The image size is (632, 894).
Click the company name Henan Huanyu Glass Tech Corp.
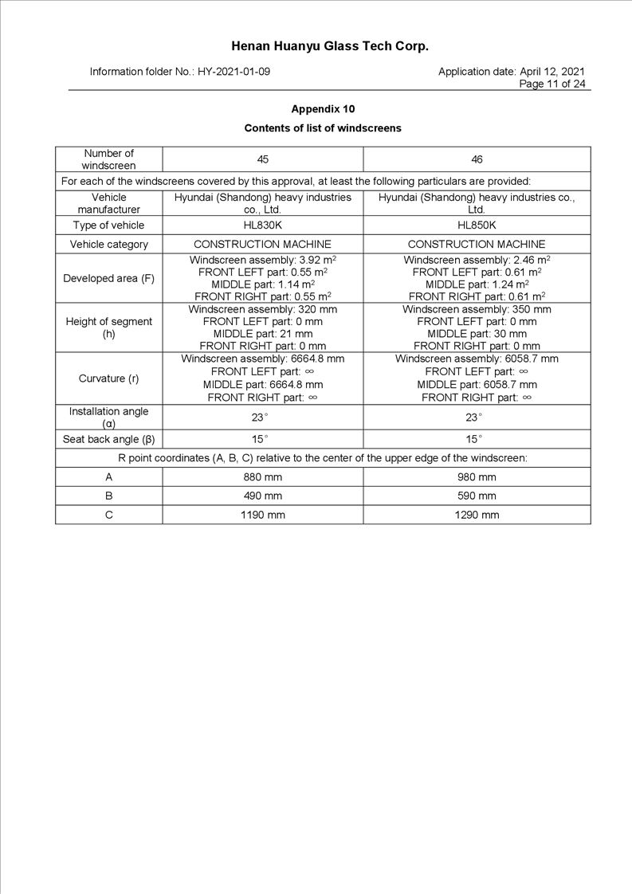pyautogui.click(x=330, y=46)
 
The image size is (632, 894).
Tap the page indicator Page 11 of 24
pyautogui.click(x=552, y=84)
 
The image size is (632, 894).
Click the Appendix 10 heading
pyautogui.click(x=323, y=109)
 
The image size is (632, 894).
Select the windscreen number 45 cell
pyautogui.click(x=262, y=159)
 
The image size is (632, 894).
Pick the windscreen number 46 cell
pyautogui.click(x=477, y=159)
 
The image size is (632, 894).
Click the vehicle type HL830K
pyautogui.click(x=262, y=225)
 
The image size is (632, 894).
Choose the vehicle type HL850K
pyautogui.click(x=477, y=225)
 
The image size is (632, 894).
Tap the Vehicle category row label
pyautogui.click(x=109, y=245)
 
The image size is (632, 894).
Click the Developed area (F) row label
pyautogui.click(x=109, y=278)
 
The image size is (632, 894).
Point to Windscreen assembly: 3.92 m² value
pyautogui.click(x=262, y=260)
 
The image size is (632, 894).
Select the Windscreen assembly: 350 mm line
pyautogui.click(x=477, y=309)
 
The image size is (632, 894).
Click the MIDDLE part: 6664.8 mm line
pyautogui.click(x=262, y=384)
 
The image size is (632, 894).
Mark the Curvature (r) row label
pyautogui.click(x=109, y=378)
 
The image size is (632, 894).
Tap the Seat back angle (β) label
pyautogui.click(x=109, y=439)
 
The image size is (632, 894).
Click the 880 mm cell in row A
pyautogui.click(x=262, y=477)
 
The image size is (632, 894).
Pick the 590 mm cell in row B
pyautogui.click(x=477, y=496)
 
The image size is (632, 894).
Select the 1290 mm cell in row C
pyautogui.click(x=477, y=515)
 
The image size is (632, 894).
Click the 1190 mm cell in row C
pyautogui.click(x=262, y=515)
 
